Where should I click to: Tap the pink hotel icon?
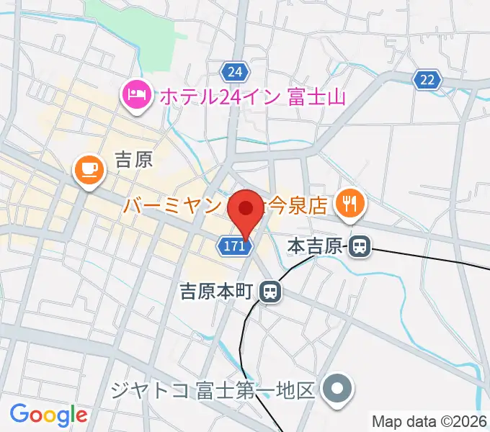[136, 94]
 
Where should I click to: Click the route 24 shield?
[234, 71]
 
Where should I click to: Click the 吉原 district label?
[134, 159]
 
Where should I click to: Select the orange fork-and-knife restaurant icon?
[350, 204]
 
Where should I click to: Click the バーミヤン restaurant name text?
[171, 206]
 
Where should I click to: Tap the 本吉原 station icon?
[359, 247]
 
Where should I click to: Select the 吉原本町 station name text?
[216, 291]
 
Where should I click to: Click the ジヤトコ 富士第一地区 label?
[213, 390]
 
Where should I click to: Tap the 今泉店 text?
[297, 205]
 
